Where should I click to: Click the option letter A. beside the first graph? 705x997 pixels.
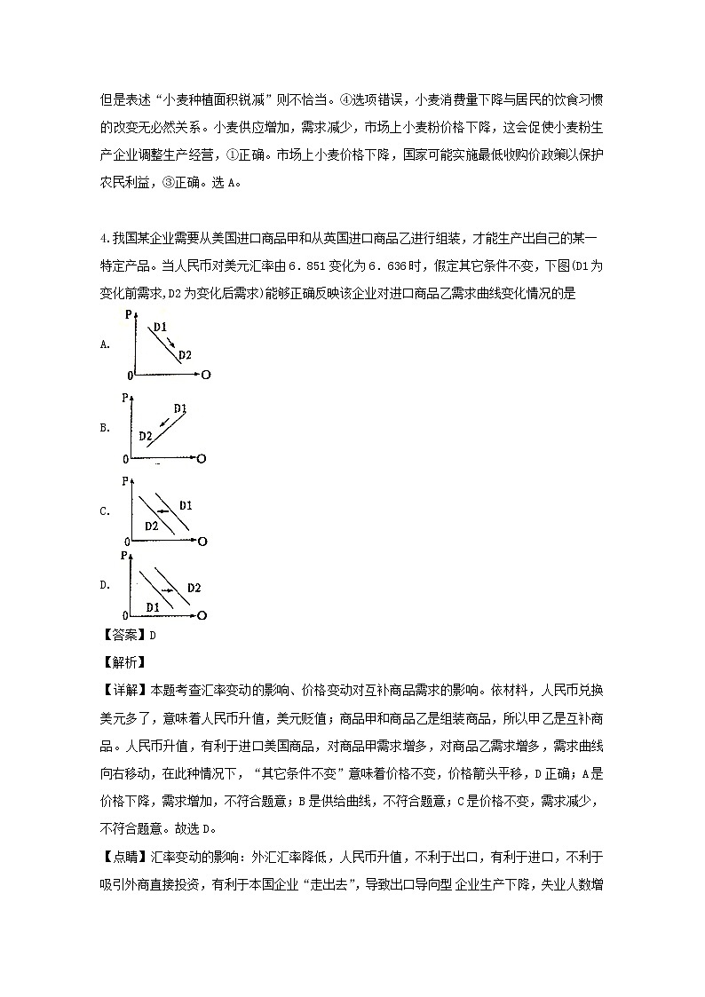coord(105,344)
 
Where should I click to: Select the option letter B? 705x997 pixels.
coord(105,428)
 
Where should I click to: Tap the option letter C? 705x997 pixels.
coord(105,511)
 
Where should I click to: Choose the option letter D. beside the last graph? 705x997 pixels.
coord(105,585)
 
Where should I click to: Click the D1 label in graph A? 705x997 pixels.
coord(160,328)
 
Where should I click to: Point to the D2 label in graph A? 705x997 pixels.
coord(185,355)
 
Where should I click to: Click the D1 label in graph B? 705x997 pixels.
coord(180,408)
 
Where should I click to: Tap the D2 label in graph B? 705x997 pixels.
coord(146,436)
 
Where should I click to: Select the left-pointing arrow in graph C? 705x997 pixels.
coord(163,511)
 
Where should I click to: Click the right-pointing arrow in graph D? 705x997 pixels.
coord(166,589)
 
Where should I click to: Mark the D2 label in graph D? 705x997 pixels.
coord(194,588)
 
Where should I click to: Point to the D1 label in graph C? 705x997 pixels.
coord(186,505)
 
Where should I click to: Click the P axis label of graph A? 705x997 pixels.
coord(128,314)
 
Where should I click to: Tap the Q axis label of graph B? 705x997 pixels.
coord(202,458)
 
